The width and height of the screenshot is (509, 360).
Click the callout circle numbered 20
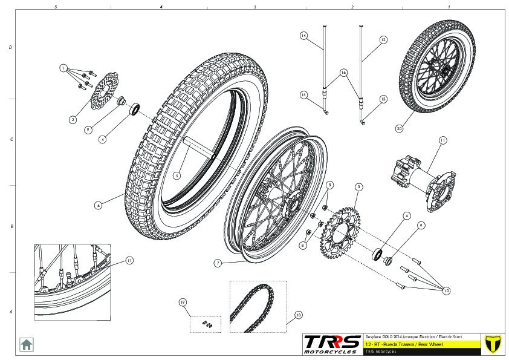coord(399,128)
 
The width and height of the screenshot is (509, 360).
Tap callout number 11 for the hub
coord(443,140)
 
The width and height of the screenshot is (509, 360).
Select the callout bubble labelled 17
coord(129,260)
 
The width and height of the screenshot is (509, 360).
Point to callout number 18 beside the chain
coord(297,315)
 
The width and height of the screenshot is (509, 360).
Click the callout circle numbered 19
coord(182,301)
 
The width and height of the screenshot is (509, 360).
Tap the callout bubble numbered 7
coord(218,263)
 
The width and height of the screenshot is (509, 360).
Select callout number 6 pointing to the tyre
coord(98,205)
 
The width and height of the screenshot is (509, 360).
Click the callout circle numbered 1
coord(63,68)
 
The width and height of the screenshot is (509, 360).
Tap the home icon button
coord(27,344)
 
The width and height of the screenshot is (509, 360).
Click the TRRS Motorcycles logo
coord(332,344)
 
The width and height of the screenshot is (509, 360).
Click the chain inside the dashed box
coord(250,303)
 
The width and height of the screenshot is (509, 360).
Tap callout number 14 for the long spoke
coord(304,36)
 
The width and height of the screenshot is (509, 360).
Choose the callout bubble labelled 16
coord(343,72)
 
